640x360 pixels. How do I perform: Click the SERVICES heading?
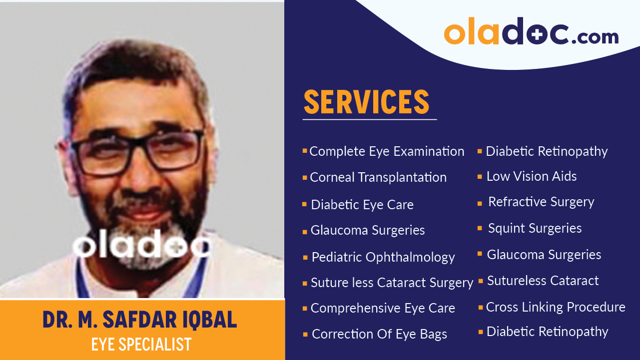pos(366,102)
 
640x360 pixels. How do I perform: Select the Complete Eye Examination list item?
pos(387,151)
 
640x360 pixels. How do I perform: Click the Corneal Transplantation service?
pos(378,177)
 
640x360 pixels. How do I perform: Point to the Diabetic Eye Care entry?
pos(362,205)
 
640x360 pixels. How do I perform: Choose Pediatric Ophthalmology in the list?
pos(383,257)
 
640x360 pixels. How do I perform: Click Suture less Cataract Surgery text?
pos(392,283)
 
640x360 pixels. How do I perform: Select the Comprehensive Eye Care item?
pos(383,308)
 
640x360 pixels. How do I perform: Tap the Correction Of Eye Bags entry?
pos(379,334)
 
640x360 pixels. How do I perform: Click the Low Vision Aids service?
pos(531,176)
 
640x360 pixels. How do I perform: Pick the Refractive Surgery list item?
pos(541,202)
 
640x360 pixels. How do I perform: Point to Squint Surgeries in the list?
pos(535,228)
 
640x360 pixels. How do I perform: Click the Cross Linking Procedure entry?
pos(555,307)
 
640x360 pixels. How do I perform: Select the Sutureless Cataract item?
pos(543,281)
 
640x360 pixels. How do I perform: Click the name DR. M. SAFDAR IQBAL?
pos(139,320)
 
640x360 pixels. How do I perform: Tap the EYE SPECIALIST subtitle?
pos(141,345)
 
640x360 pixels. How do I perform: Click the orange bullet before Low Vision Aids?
pos(480,177)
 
